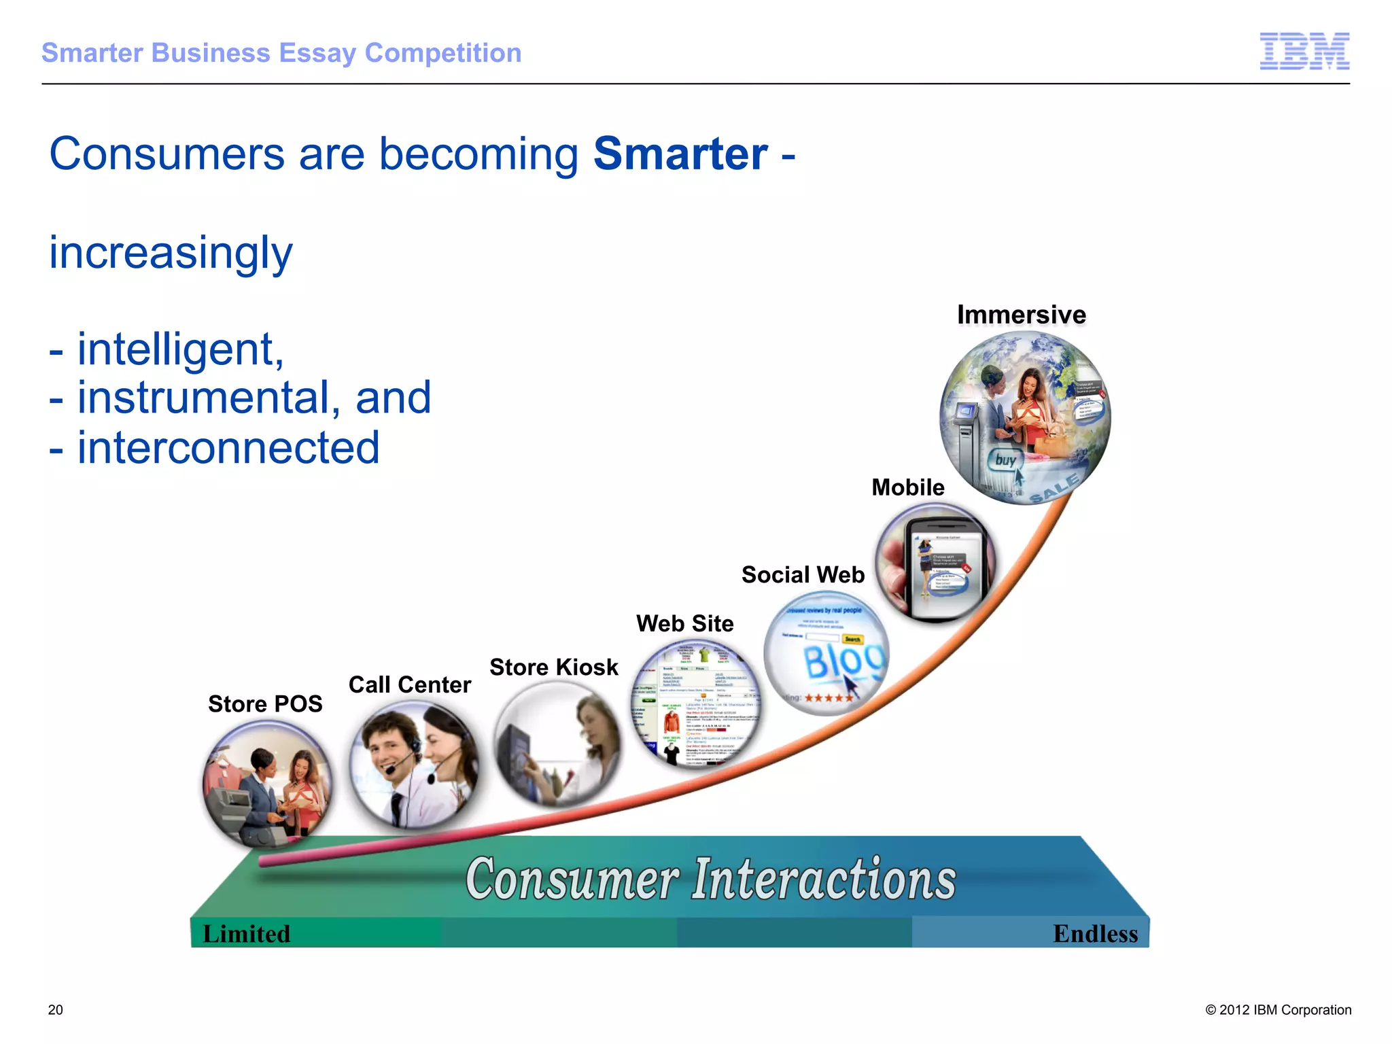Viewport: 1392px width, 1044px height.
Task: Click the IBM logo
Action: tap(1304, 51)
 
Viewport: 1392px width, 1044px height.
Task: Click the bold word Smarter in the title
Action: tap(680, 154)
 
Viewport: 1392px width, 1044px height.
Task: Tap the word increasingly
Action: tap(171, 253)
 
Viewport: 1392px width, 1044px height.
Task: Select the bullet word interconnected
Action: tap(228, 448)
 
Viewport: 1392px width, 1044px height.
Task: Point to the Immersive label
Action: tap(1021, 315)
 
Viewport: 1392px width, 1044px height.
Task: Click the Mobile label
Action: tap(907, 487)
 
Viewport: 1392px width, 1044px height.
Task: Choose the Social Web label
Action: tap(803, 575)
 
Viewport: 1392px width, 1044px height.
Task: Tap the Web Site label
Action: tap(684, 623)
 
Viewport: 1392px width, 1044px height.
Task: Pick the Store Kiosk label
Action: tap(553, 667)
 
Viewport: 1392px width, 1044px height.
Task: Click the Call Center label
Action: tap(409, 684)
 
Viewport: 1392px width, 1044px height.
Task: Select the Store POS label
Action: tap(265, 703)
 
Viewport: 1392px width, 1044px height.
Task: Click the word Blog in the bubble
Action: tap(843, 660)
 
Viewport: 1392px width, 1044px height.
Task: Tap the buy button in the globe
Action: tap(1005, 460)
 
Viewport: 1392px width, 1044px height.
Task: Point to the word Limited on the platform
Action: tap(246, 934)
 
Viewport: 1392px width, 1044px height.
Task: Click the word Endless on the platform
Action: tap(1094, 934)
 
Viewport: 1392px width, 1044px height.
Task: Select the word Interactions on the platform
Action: tap(824, 880)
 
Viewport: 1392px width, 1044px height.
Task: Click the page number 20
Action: tap(56, 1010)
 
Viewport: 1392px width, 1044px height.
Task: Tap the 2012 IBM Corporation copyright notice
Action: tap(1278, 1010)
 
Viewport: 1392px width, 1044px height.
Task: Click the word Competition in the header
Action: tap(442, 53)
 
